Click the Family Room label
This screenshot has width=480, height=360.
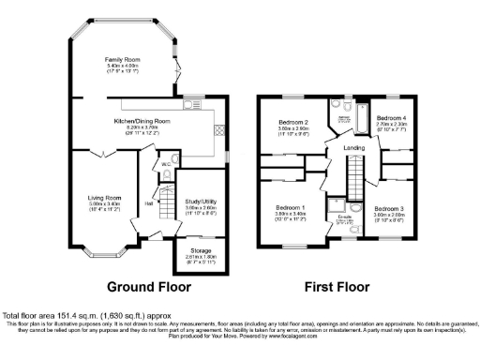click(122, 58)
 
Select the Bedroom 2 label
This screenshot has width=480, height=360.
click(293, 122)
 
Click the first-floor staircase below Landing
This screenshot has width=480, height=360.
click(355, 172)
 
